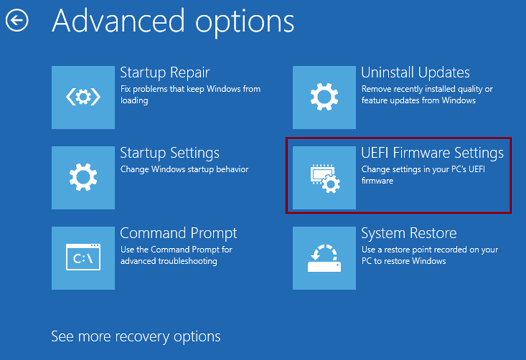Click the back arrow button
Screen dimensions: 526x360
click(x=17, y=20)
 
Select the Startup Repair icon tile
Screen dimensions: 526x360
click(x=83, y=97)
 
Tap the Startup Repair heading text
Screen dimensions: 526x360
click(x=165, y=73)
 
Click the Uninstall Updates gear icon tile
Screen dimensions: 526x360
click(x=325, y=97)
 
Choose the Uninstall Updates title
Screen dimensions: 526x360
click(x=415, y=72)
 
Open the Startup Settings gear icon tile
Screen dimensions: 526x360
click(x=83, y=177)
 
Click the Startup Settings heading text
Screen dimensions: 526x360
click(x=170, y=153)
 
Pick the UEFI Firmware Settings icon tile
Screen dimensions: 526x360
click(x=325, y=177)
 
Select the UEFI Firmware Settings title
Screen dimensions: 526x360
click(x=432, y=153)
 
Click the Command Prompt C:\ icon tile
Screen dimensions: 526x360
click(x=83, y=258)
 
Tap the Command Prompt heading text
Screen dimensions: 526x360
click(x=178, y=233)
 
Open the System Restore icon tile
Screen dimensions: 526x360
click(x=325, y=258)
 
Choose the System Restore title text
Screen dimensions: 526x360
click(x=409, y=233)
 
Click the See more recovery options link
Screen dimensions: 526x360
click(x=136, y=337)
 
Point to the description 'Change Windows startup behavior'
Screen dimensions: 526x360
click(x=185, y=169)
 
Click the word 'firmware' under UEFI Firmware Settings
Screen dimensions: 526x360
click(x=377, y=181)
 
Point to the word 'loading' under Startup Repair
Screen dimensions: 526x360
click(x=134, y=101)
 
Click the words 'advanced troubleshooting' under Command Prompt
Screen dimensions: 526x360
click(x=169, y=261)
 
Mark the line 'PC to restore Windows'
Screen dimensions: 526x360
click(x=404, y=261)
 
